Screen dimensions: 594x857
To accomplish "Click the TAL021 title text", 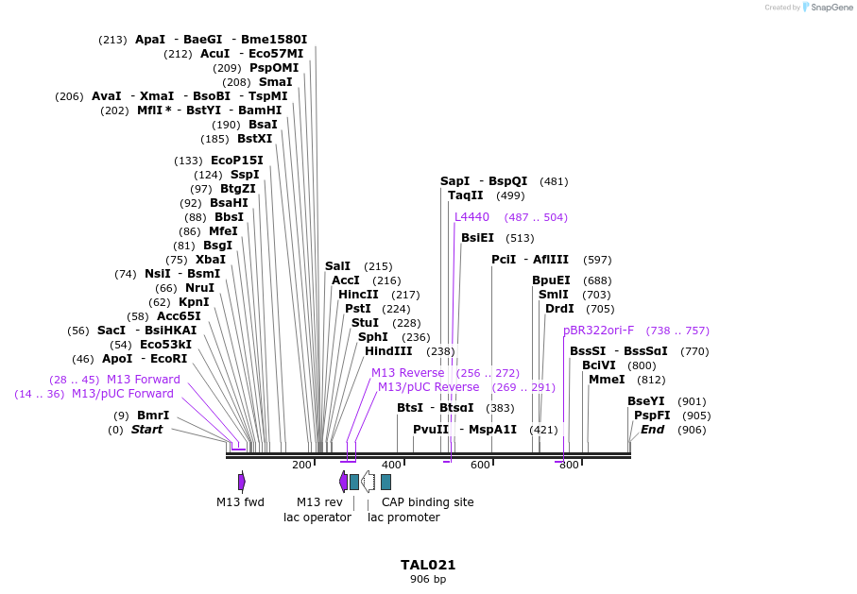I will pos(428,565).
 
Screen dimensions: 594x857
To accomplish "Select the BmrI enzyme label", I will pos(153,416).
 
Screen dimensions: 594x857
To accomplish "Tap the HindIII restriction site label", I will pos(388,351).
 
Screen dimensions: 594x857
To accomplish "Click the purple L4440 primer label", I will pos(471,217).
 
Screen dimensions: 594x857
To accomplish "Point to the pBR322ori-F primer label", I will pos(598,331).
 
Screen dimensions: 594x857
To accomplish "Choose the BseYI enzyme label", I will pos(646,401).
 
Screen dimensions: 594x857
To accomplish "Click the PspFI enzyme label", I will pos(652,416).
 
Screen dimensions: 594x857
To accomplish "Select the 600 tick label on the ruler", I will pos(480,465).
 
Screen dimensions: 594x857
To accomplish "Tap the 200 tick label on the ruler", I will pos(301,465).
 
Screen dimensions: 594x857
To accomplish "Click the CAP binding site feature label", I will pos(427,502).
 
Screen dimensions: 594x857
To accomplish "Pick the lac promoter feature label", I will pos(403,518).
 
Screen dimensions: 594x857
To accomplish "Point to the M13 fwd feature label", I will pos(240,502).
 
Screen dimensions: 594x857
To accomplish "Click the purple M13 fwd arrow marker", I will pos(242,482).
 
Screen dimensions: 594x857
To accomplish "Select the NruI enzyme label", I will pos(199,288).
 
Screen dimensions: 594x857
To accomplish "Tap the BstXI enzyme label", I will pos(254,139).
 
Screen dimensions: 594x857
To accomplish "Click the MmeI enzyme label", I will pos(607,380).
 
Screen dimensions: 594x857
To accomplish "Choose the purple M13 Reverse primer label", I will pos(407,373).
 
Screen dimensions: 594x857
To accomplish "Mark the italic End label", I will pos(653,430).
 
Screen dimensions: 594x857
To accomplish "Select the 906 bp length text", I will pos(428,579).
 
